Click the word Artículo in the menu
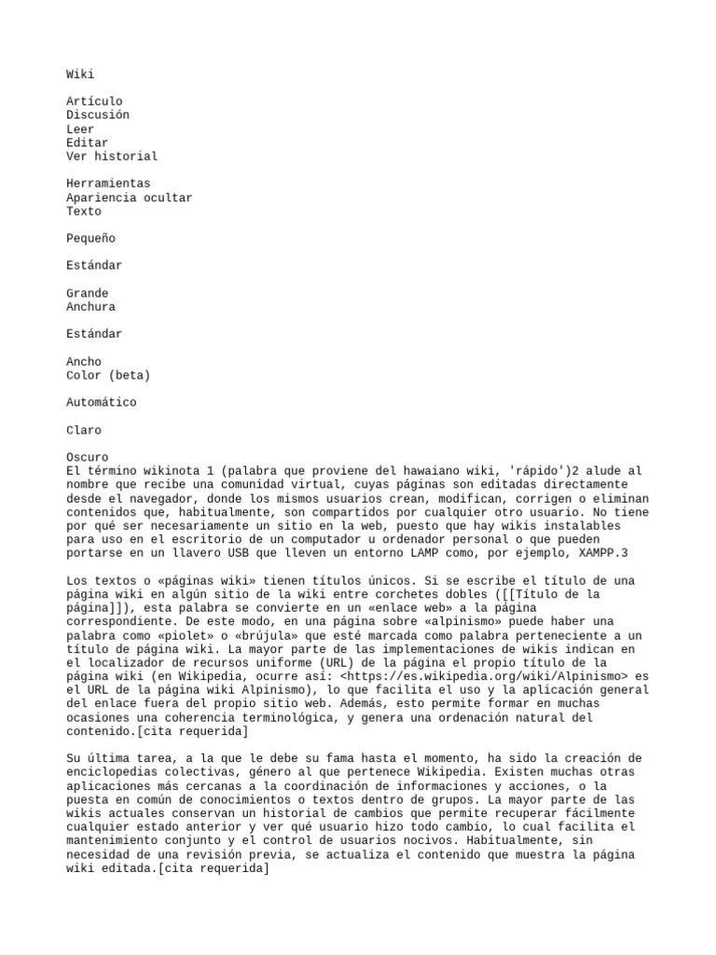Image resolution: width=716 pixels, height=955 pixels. coord(94,102)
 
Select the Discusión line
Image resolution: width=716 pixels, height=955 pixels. coord(98,116)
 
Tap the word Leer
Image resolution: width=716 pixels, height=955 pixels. coord(80,129)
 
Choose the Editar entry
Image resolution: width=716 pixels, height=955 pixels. coord(88,143)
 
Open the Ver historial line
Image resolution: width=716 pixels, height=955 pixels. coord(112,157)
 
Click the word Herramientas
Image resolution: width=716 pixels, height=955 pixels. coord(108,184)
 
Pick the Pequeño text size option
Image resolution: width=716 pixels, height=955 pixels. coord(90,239)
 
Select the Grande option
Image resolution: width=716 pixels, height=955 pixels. coord(88,293)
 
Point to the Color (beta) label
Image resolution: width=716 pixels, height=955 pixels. coord(108,375)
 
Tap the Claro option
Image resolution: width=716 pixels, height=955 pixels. coord(84,430)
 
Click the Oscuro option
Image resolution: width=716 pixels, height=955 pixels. coord(88,458)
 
